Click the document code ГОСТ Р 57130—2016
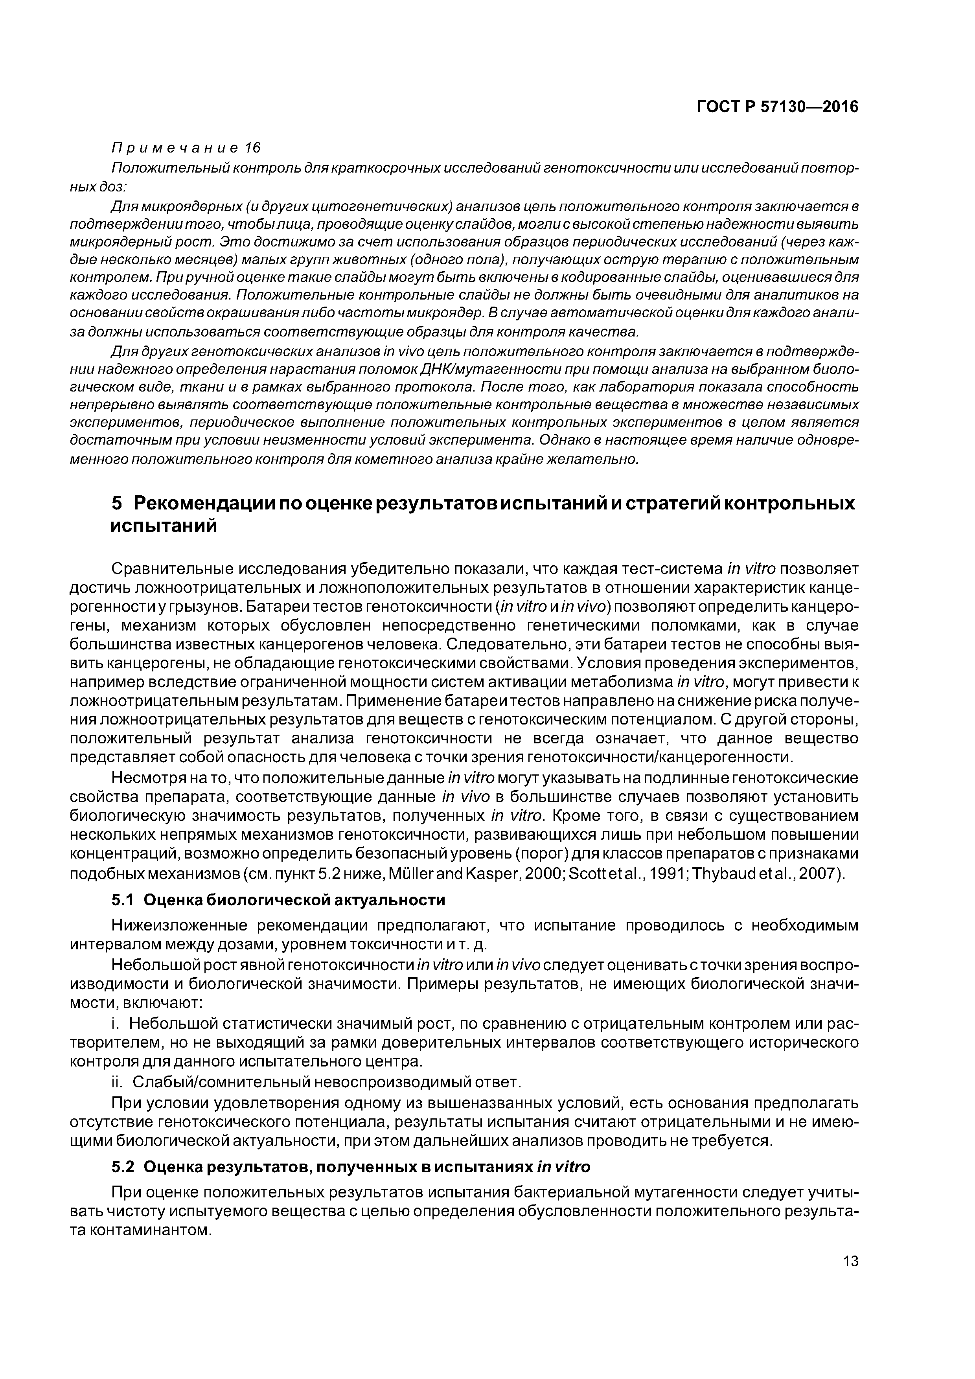[x=777, y=107]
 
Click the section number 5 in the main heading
[x=118, y=503]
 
